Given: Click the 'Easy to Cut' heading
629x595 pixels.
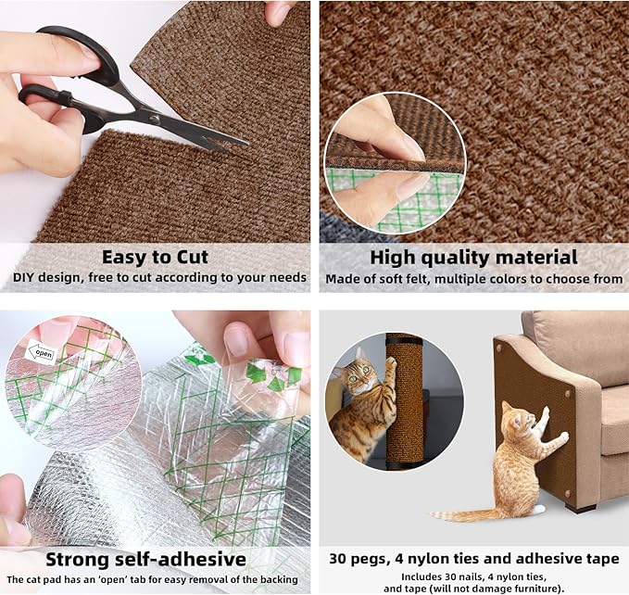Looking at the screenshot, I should pyautogui.click(x=155, y=257).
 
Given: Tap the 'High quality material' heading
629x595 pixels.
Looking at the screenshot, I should pyautogui.click(x=473, y=257).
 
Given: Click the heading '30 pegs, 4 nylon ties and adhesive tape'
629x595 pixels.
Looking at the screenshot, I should pyautogui.click(x=474, y=559).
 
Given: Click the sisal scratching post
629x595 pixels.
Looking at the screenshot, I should pyautogui.click(x=405, y=399).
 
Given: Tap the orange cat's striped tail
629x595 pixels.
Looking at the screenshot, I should pyautogui.click(x=463, y=513).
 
